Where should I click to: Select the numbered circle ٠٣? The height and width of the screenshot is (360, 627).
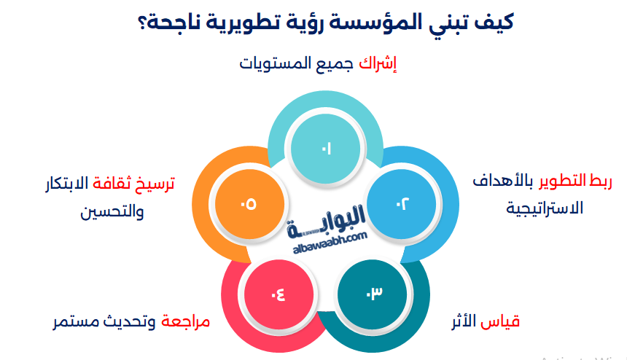coord(373,294)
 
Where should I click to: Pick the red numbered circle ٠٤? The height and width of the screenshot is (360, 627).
coord(279,294)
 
